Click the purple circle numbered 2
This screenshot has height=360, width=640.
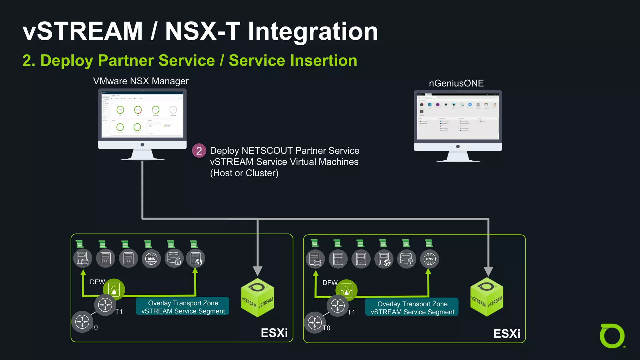(x=199, y=151)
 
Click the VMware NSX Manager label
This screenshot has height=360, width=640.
(x=141, y=81)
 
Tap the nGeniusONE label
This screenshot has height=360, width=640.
(x=456, y=83)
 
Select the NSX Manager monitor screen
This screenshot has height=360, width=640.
(x=142, y=114)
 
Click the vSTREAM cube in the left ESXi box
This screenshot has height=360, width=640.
(x=257, y=298)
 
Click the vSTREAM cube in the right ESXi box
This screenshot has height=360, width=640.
(x=487, y=297)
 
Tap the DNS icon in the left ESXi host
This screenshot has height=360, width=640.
(x=151, y=259)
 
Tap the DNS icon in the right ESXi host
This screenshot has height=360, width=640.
(x=429, y=259)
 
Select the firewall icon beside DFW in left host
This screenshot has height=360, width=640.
(x=114, y=289)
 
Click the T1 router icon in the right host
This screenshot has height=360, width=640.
(x=337, y=306)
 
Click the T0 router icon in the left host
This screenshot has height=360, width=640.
(x=82, y=321)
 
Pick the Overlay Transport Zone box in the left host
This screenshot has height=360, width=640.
(x=183, y=307)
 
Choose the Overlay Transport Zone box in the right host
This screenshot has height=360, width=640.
(x=412, y=308)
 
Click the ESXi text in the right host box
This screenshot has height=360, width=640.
(x=507, y=334)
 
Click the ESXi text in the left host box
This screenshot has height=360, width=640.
(x=274, y=333)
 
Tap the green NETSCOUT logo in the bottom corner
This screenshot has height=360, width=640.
(x=612, y=336)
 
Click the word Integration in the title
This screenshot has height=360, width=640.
(x=313, y=32)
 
